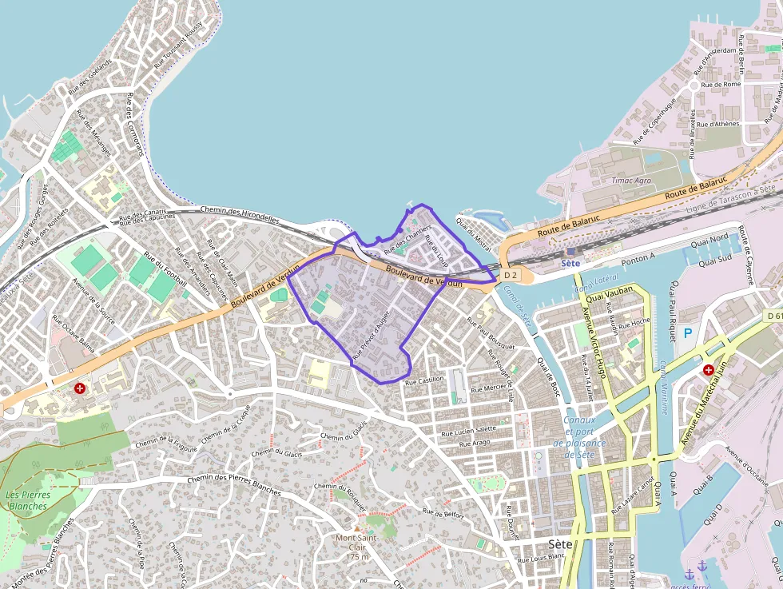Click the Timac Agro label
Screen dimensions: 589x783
630,181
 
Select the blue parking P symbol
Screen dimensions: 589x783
688,332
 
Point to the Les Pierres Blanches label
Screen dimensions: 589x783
28,500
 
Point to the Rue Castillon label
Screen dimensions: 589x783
423,381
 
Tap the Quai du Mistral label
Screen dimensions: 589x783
473,232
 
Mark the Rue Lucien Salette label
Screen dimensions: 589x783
468,430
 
